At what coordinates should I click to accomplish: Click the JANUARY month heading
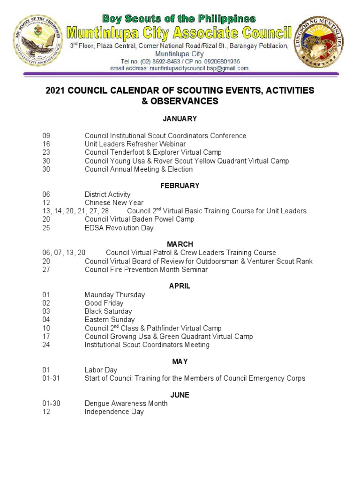tap(180, 119)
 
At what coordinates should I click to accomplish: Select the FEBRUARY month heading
tap(180, 186)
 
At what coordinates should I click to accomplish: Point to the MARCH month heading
tap(180, 244)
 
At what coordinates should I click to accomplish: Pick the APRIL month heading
tap(180, 286)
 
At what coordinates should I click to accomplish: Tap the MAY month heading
tap(180, 361)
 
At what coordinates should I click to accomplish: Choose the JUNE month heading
tap(180, 395)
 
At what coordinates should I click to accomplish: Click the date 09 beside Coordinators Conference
tap(45, 136)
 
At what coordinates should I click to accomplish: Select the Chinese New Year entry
tap(114, 203)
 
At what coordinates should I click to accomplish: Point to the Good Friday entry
tap(104, 303)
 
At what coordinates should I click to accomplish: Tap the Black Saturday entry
tap(108, 312)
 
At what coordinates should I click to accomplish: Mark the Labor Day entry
tap(101, 370)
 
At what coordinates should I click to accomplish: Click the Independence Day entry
tap(114, 412)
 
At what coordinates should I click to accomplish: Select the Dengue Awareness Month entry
tap(126, 404)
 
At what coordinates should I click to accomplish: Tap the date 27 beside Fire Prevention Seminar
tap(45, 270)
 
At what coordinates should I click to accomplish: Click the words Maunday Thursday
tap(115, 295)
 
